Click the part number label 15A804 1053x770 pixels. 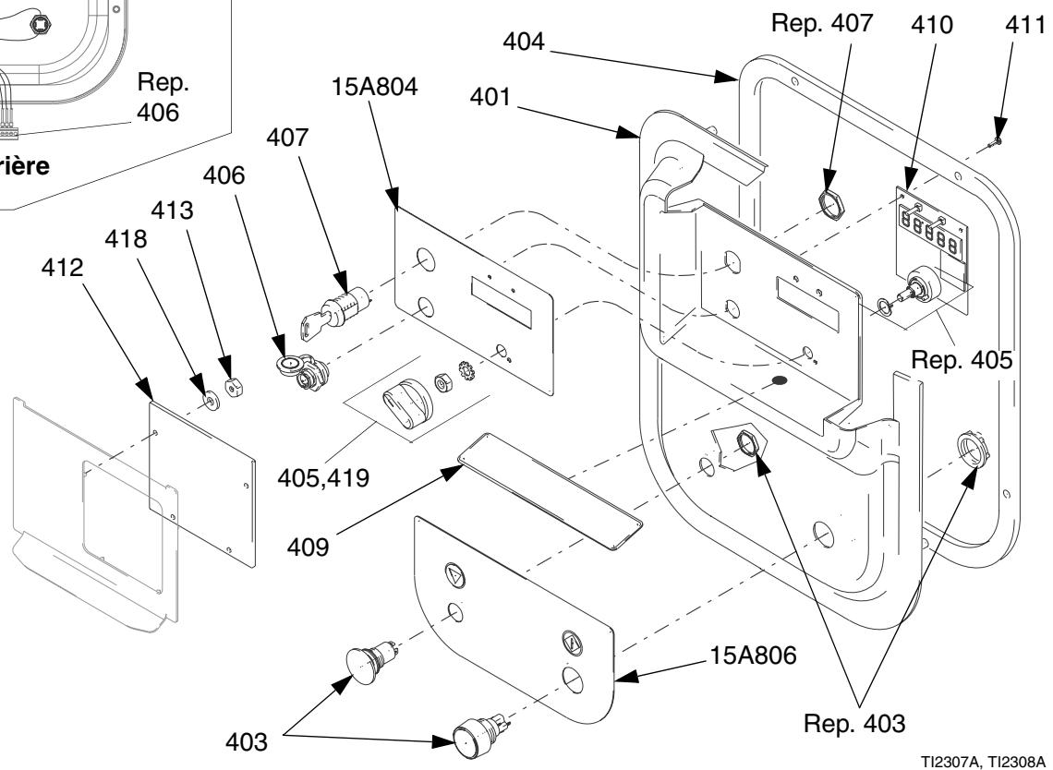point(374,87)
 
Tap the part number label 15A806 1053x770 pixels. point(753,655)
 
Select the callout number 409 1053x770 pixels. point(309,547)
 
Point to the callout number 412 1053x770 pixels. point(63,267)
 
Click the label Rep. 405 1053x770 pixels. point(961,360)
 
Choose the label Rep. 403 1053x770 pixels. point(854,723)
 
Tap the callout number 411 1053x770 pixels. point(1025,25)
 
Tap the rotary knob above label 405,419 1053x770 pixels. point(407,403)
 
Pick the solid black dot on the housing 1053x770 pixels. point(779,380)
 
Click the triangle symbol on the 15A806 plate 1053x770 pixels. point(455,575)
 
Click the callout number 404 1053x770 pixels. point(524,41)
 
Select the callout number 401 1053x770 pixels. point(490,97)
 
